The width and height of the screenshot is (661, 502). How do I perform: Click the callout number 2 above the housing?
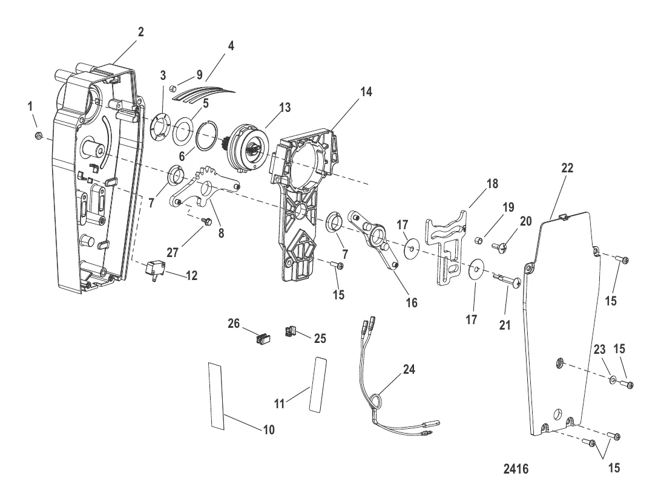[141, 33]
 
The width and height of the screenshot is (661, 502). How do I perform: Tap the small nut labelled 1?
[37, 135]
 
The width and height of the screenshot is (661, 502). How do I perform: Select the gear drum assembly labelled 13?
[248, 147]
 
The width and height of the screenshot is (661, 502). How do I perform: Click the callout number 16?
[412, 303]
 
